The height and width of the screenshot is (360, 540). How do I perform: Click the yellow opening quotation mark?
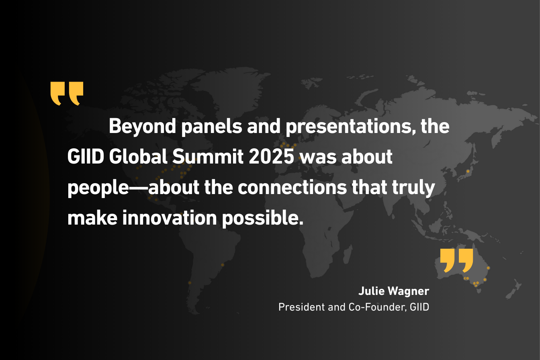[67, 94]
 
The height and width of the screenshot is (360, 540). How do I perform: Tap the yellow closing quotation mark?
[456, 261]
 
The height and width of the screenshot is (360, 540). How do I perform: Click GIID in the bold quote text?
[86, 157]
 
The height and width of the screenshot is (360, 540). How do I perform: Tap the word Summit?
[208, 157]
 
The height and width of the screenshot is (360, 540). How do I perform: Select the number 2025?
[272, 157]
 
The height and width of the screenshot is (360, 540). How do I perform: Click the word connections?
[292, 187]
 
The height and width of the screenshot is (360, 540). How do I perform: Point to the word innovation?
[170, 218]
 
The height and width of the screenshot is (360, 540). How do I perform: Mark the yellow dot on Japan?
[468, 171]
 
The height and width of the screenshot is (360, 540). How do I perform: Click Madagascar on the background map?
[348, 254]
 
